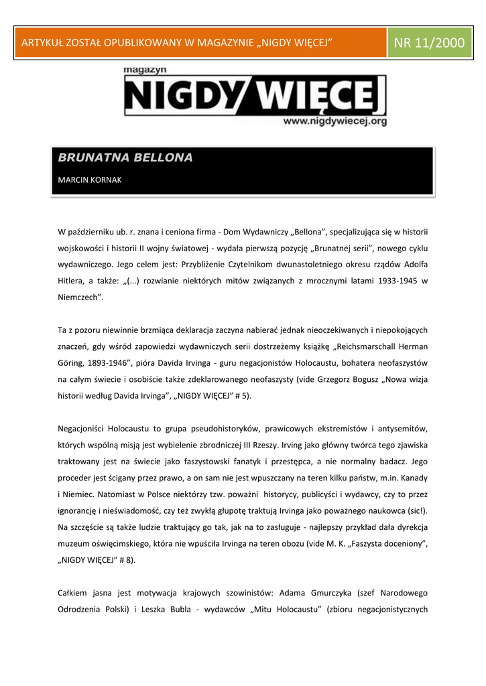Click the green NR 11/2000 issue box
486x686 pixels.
point(429,43)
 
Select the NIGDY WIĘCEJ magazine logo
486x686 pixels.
point(255,96)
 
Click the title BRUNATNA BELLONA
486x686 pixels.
point(125,158)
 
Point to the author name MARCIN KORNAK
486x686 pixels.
point(90,180)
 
